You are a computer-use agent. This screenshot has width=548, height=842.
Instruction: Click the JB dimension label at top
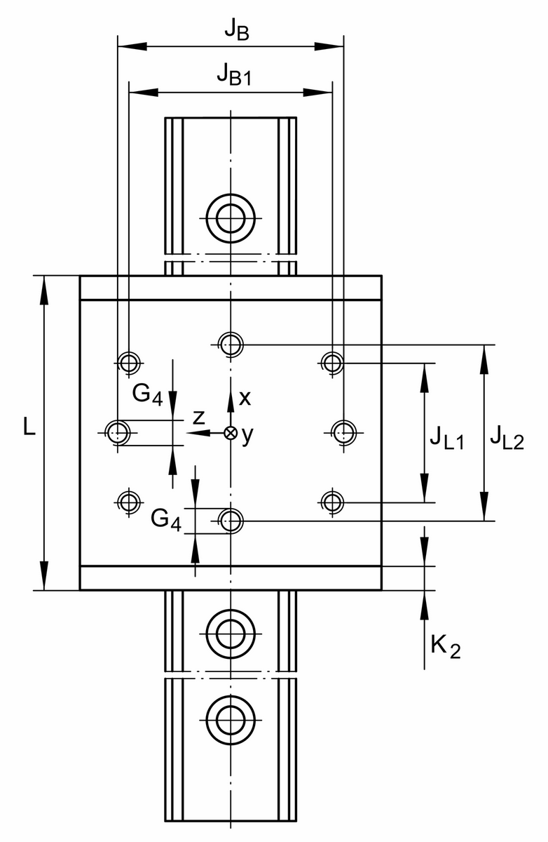(235, 30)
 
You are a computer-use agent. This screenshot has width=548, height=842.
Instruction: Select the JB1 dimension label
(234, 74)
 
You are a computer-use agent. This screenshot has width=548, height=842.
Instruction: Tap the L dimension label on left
(28, 428)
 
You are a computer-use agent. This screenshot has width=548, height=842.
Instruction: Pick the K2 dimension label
(445, 647)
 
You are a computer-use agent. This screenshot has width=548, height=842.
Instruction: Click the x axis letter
(245, 398)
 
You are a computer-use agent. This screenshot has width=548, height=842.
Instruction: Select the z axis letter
(199, 418)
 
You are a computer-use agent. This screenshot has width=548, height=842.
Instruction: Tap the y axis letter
(247, 436)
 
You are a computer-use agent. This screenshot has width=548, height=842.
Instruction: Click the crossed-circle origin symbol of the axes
(230, 433)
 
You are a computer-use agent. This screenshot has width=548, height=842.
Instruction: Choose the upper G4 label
(147, 394)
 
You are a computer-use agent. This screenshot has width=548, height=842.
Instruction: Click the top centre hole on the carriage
(230, 344)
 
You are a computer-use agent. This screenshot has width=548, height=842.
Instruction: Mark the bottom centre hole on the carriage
(230, 521)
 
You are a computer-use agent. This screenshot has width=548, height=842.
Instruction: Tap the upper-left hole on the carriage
(128, 363)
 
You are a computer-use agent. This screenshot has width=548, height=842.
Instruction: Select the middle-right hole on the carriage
(343, 432)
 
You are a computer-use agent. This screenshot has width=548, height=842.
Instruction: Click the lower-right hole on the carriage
(331, 502)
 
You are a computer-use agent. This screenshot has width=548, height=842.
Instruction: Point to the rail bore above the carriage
(230, 218)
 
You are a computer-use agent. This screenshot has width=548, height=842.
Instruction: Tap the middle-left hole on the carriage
(117, 432)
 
